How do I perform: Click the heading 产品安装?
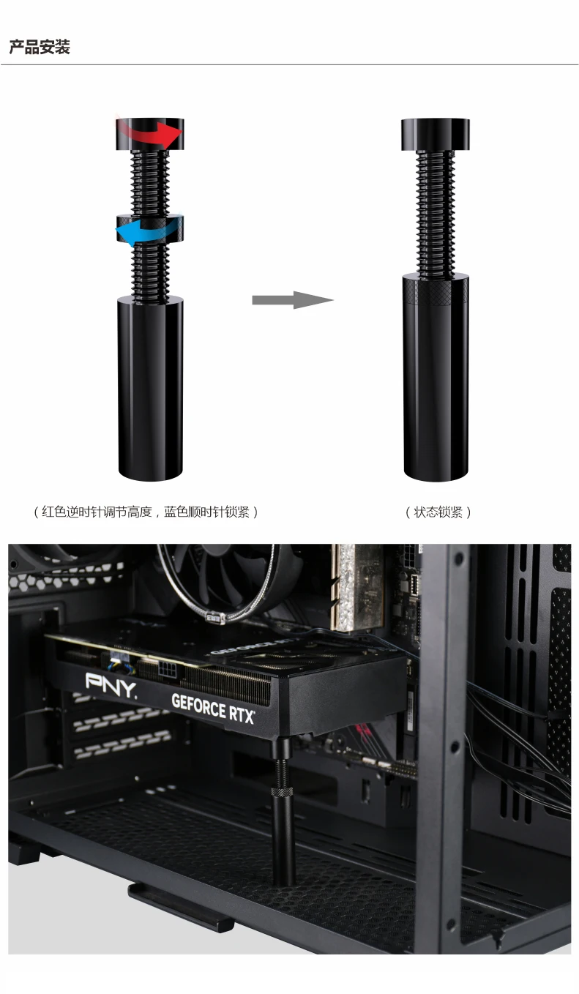tap(40, 47)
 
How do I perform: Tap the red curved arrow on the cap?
tap(151, 133)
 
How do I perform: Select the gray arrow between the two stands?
tap(293, 300)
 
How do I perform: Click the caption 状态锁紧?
tap(438, 512)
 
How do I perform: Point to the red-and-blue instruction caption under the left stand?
tap(146, 512)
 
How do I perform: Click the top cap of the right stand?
tap(436, 135)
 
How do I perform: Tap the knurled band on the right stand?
tap(436, 292)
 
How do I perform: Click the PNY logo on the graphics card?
tap(111, 686)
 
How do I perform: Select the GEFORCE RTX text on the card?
tap(213, 709)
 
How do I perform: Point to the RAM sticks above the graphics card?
tap(357, 586)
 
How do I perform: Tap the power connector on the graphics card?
tap(171, 668)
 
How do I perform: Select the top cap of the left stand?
tap(150, 134)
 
